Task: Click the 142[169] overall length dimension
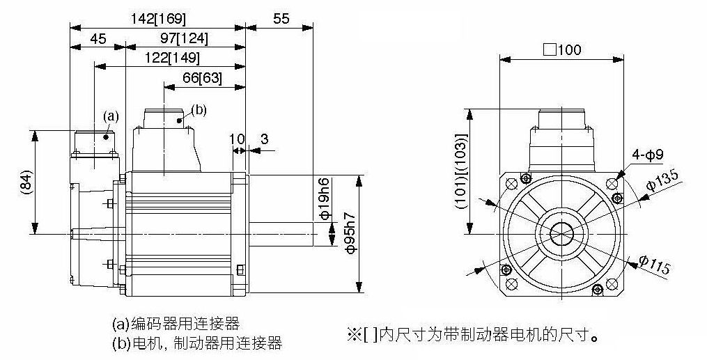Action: [159, 19]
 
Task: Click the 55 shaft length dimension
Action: [280, 19]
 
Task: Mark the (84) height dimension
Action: [24, 184]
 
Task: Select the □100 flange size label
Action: [561, 50]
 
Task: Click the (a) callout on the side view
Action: [111, 116]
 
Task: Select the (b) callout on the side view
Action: [199, 109]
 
